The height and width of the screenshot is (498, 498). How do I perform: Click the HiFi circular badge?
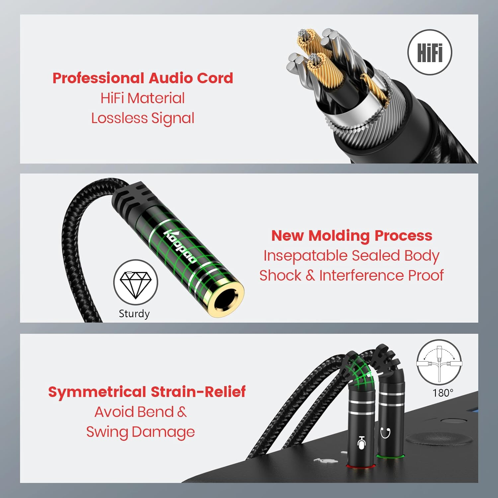coord(430,52)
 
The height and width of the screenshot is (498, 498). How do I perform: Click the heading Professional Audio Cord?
coord(143,78)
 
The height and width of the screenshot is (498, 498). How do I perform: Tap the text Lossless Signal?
coord(143,119)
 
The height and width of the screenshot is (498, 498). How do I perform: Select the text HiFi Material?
coord(143,98)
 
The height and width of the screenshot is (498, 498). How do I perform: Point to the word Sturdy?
coord(134,314)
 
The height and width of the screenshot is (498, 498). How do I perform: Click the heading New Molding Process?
coord(352,236)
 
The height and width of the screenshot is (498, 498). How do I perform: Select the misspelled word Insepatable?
coord(305,256)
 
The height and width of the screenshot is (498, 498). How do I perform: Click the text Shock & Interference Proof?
coord(351,276)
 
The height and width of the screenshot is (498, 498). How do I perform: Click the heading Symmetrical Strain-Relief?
coord(147,392)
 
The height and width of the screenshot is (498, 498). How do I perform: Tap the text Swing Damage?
coord(140,432)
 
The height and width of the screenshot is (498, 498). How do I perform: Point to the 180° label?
coord(443,393)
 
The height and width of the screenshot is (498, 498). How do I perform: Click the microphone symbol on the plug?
coord(362,443)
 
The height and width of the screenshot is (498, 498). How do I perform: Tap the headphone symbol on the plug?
coord(385,433)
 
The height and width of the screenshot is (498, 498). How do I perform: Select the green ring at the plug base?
coord(390,456)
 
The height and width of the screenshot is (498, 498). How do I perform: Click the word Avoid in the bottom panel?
coord(110,412)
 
